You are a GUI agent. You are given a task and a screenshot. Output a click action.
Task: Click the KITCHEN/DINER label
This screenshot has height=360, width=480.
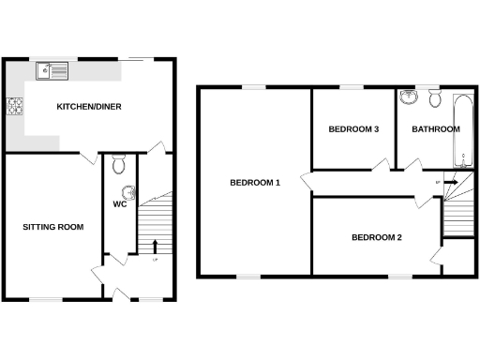pyautogui.click(x=89, y=106)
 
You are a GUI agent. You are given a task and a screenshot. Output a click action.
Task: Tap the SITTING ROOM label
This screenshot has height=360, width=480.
pyautogui.click(x=53, y=227)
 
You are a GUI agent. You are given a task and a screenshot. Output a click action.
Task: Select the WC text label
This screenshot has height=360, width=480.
pyautogui.click(x=120, y=203)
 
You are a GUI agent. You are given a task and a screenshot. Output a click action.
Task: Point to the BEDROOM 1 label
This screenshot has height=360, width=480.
pyautogui.click(x=255, y=182)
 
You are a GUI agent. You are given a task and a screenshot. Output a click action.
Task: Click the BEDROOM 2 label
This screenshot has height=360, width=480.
pyautogui.click(x=376, y=237)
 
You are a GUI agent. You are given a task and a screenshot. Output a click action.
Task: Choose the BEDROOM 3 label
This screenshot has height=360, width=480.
pyautogui.click(x=352, y=129)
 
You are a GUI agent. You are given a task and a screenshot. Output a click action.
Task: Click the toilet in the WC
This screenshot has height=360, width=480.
pyautogui.click(x=118, y=165)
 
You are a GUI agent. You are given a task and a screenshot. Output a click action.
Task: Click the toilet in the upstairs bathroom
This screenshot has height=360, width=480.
pyautogui.click(x=434, y=98)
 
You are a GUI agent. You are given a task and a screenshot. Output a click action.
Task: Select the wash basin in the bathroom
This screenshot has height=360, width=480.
pyautogui.click(x=408, y=98)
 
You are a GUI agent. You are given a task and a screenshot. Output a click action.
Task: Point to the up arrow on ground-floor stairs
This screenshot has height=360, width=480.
pyautogui.click(x=155, y=247)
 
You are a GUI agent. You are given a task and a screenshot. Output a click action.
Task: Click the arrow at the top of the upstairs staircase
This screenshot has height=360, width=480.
pyautogui.click(x=450, y=183)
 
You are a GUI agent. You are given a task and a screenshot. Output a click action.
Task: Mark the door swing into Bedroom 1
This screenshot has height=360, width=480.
pyautogui.click(x=306, y=181)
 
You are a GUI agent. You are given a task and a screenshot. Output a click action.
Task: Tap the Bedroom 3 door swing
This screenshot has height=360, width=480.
pyautogui.click(x=380, y=165)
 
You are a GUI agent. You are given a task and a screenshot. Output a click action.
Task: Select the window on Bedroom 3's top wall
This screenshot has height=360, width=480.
pyautogui.click(x=352, y=87)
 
